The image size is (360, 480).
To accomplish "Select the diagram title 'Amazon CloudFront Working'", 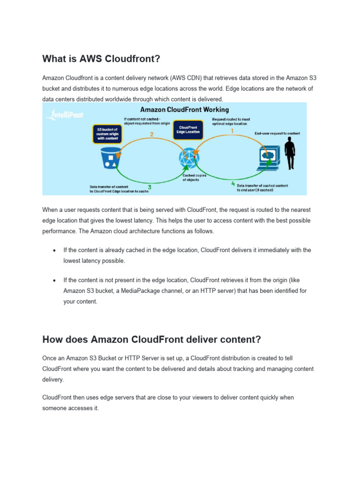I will click(185, 110).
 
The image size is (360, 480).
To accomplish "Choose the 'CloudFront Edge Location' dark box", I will click(188, 129).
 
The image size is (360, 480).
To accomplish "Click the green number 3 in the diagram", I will click(149, 187).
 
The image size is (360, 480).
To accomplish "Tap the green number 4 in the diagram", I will click(233, 184).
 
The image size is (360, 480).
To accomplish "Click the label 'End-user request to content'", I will click(277, 134).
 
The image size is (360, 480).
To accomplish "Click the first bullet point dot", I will click(55, 250).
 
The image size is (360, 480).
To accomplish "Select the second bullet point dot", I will click(55, 280).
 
